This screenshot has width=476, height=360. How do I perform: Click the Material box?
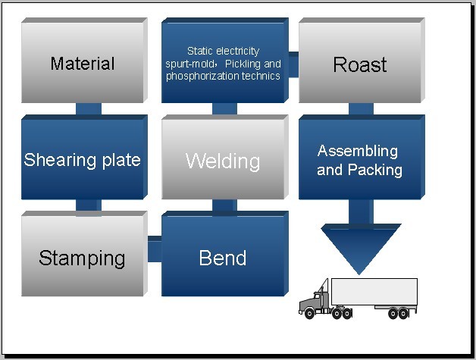coord(84,61)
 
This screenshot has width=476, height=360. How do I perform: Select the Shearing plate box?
coord(84,157)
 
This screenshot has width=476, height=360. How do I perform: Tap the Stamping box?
coord(84,254)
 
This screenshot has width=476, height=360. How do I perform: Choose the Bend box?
coord(224,254)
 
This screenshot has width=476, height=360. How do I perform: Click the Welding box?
coord(224,157)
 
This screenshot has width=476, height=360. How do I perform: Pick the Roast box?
coord(362,61)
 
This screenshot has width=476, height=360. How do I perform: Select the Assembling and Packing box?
coord(362,157)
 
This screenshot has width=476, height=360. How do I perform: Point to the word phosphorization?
coord(199,77)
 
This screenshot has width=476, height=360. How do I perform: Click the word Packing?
coord(375,170)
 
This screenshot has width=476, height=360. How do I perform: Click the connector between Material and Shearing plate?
coord(89,108)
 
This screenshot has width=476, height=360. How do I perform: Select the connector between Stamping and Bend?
coord(155,249)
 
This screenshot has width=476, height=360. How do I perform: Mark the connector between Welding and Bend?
coord(224,205)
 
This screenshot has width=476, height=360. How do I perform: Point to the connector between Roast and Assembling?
coord(361,108)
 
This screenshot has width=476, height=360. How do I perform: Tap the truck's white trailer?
coord(374,292)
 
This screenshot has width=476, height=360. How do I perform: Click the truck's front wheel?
coord(309,313)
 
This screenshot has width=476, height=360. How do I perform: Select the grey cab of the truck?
coord(315,299)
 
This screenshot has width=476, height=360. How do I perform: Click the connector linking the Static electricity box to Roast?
coord(293,64)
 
